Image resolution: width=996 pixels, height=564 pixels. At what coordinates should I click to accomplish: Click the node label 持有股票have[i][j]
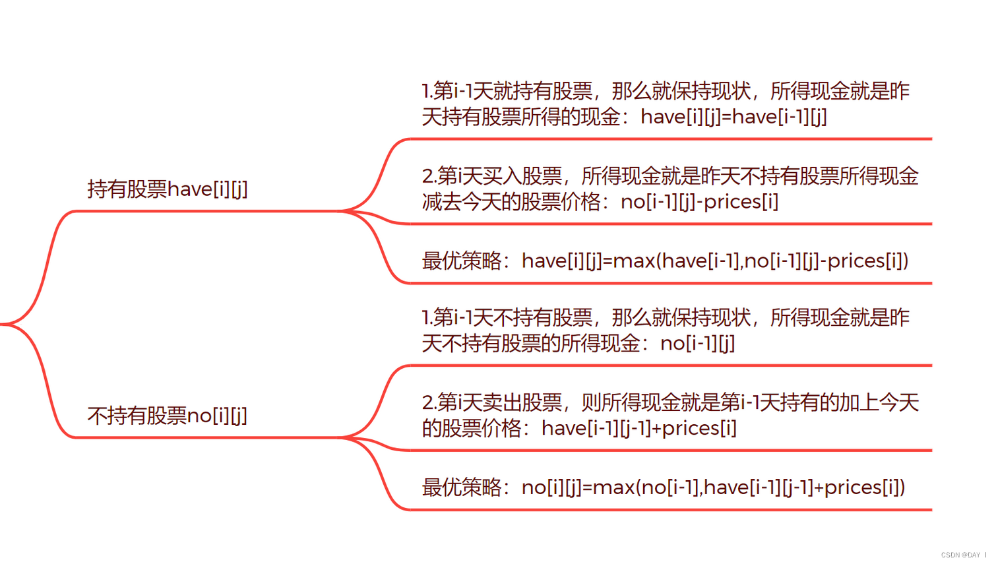click(x=168, y=189)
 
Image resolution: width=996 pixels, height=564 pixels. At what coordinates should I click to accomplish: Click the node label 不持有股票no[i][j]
click(x=168, y=416)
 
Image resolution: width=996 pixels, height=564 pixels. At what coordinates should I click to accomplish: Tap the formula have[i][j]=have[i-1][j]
click(x=733, y=117)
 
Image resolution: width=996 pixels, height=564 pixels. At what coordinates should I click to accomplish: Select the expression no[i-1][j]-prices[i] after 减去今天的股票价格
click(x=699, y=202)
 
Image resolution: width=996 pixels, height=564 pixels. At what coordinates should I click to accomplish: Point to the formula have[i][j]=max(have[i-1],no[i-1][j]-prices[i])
click(x=715, y=261)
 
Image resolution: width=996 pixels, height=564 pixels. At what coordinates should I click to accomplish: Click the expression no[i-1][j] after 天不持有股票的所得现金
click(x=697, y=343)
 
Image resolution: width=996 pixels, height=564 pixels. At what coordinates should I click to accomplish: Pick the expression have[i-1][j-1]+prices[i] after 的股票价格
click(x=638, y=428)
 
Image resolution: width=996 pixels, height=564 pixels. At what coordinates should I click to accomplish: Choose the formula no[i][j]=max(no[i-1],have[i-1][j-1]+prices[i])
click(x=713, y=487)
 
